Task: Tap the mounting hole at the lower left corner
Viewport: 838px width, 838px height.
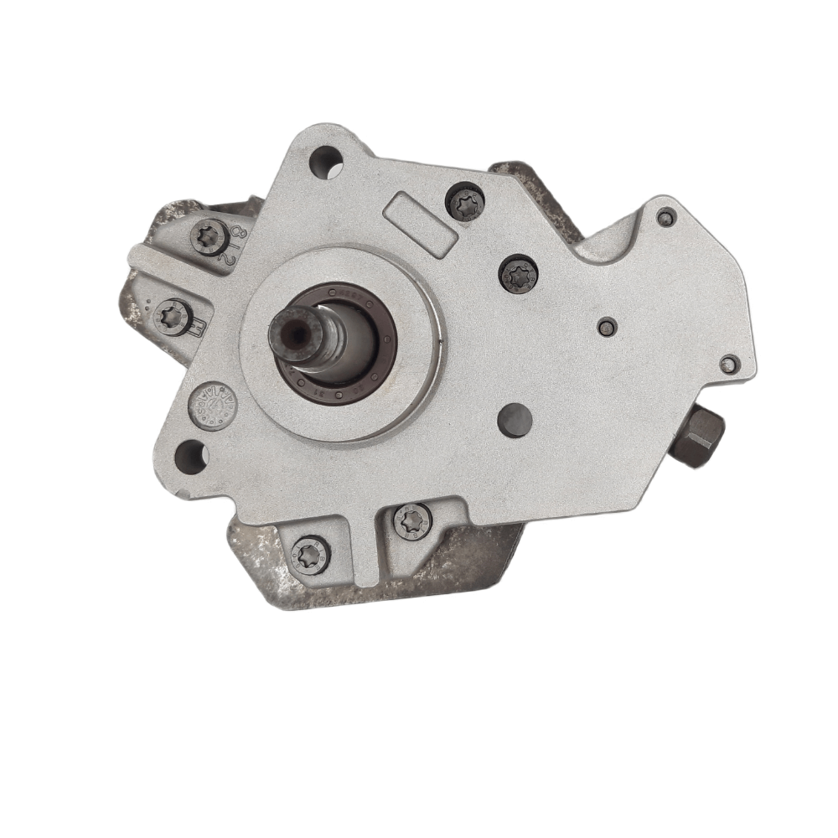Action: coord(191,457)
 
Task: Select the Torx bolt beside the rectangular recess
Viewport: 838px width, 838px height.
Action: coord(465,204)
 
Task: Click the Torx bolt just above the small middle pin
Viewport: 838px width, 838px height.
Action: coord(518,273)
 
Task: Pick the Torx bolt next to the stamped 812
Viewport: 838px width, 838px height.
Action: coord(209,236)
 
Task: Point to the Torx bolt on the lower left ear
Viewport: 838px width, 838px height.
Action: coord(175,317)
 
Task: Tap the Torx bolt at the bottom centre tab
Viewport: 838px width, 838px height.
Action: coord(412,520)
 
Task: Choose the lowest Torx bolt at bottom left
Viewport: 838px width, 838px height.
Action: coord(310,554)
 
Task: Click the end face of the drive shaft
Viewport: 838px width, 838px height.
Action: coord(295,333)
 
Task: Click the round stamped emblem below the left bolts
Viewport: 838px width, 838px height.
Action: coord(213,406)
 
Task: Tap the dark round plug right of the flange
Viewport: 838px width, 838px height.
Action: coord(515,420)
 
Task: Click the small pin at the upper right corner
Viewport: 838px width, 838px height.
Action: coord(665,217)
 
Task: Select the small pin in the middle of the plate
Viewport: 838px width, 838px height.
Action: coord(608,327)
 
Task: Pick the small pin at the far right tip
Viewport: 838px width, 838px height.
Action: coord(729,364)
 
